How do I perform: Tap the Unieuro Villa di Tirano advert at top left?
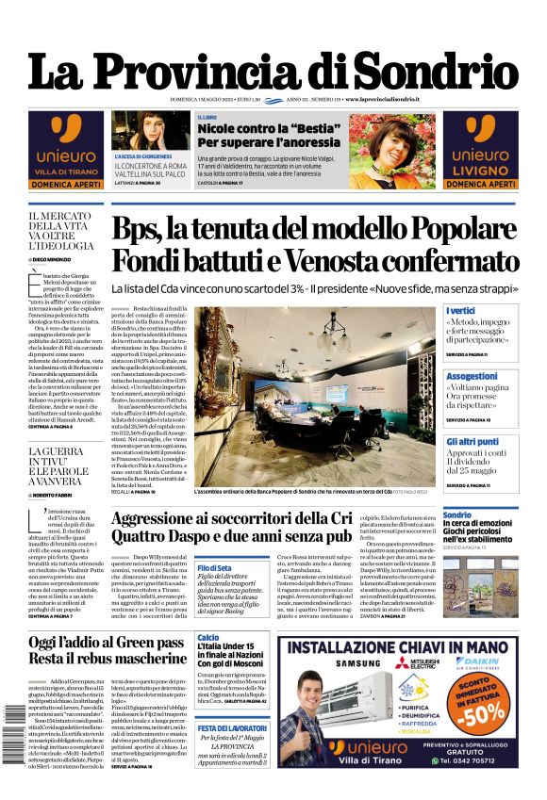[66, 150]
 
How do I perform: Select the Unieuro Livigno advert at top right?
[481, 150]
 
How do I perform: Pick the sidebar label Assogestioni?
[472, 375]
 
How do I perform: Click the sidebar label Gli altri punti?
[472, 441]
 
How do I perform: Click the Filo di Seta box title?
[214, 567]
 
